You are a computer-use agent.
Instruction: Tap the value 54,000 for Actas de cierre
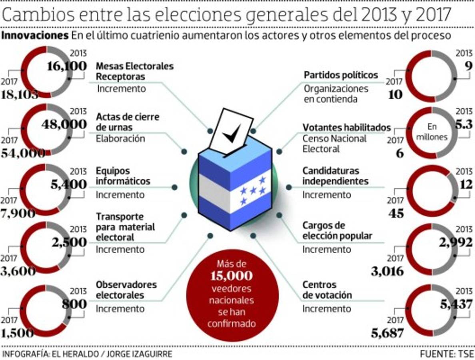[x=23, y=153]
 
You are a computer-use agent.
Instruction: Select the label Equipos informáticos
[x=123, y=176]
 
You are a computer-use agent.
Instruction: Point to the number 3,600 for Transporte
[x=18, y=272]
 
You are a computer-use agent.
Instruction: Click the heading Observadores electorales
[x=126, y=290]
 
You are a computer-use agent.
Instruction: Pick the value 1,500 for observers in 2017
[x=18, y=333]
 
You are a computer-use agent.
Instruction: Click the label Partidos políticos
[x=341, y=75]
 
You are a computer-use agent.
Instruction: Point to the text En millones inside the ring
[x=432, y=132]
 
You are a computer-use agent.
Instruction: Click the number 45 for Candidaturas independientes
[x=396, y=213]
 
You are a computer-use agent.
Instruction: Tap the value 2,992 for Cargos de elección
[x=453, y=242]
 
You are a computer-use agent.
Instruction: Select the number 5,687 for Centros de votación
[x=387, y=332]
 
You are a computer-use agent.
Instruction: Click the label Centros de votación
[x=327, y=290]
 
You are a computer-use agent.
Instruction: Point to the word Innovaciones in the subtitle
[x=35, y=35]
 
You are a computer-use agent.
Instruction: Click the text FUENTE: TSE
[x=446, y=354]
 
